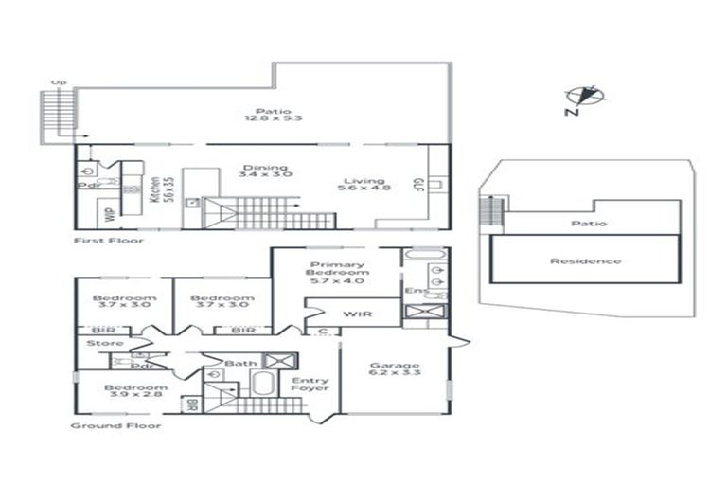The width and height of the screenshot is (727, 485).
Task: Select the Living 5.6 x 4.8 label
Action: pos(364,186)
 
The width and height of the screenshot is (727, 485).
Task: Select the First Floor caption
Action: pos(109,241)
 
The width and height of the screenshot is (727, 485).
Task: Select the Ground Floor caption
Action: pos(116,426)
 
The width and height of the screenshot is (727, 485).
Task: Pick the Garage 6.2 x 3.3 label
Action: pos(395,369)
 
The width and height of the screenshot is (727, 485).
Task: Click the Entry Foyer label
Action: pos(310,386)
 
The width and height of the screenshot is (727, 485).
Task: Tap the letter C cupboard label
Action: pos(324,331)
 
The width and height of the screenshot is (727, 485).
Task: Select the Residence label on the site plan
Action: pos(587,260)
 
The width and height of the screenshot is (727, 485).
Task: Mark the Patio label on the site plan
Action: pos(588,224)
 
